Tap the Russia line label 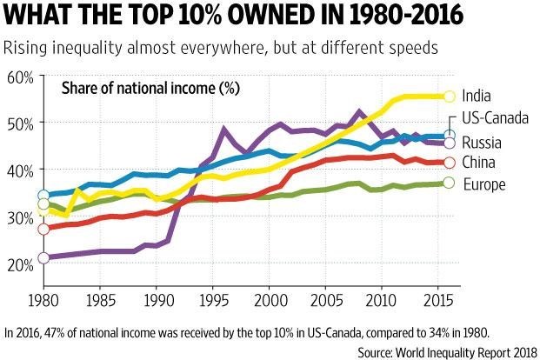[482, 142]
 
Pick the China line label [479, 163]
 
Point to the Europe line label [483, 183]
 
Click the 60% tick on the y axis [20, 77]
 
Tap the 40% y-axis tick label [20, 170]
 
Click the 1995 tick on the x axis [212, 298]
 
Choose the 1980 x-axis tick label [43, 298]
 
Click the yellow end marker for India [449, 97]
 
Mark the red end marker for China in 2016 [449, 163]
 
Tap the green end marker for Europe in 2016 [449, 183]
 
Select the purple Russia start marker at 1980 [43, 257]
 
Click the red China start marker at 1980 [43, 229]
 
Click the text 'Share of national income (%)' [150, 89]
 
